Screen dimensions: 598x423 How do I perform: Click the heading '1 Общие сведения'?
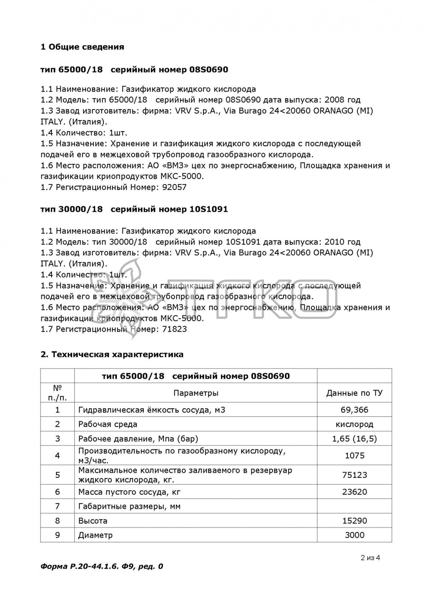[82, 47]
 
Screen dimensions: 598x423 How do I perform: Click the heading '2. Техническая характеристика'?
[112, 354]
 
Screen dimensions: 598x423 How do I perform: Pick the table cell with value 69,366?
[354, 410]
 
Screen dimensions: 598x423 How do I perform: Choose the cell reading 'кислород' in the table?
[354, 424]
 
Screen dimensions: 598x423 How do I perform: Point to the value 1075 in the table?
[354, 456]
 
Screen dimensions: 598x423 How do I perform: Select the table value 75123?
[354, 475]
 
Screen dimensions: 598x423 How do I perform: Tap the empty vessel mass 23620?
[354, 492]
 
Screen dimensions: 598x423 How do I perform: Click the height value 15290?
[354, 521]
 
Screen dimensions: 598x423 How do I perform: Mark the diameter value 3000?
[354, 535]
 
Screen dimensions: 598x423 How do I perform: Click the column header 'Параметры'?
[196, 393]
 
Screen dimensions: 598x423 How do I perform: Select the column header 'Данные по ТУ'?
[354, 393]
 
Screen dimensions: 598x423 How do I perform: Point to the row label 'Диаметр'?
[96, 535]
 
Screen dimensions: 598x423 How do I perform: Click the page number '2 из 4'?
[370, 558]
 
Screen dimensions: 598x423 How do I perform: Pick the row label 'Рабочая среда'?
[108, 424]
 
